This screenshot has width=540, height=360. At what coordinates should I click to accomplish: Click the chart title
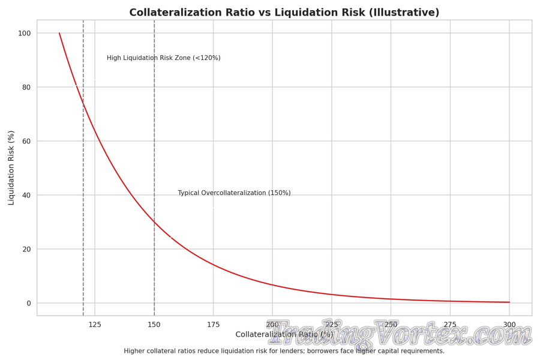(x=284, y=13)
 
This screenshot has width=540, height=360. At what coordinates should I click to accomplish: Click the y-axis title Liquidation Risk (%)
(x=11, y=168)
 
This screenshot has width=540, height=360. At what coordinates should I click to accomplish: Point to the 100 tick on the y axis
(x=25, y=33)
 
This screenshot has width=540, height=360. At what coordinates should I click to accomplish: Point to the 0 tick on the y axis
(x=28, y=303)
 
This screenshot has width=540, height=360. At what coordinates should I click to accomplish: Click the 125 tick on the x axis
(x=95, y=325)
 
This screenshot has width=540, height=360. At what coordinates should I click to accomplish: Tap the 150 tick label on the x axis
(x=154, y=325)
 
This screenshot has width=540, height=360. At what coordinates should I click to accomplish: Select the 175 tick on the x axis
(x=213, y=325)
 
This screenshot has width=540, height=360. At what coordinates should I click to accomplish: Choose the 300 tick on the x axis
(x=509, y=325)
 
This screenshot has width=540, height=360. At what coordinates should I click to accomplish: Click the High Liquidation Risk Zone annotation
(x=163, y=58)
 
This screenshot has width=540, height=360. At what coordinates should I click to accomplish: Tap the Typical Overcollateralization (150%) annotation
(x=234, y=193)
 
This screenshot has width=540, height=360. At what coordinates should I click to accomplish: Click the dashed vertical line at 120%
(x=83, y=180)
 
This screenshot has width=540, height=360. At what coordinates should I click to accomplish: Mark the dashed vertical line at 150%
(x=154, y=120)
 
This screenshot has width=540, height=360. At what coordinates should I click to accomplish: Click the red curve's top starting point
(x=59, y=34)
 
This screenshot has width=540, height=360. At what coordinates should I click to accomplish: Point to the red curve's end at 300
(x=509, y=302)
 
